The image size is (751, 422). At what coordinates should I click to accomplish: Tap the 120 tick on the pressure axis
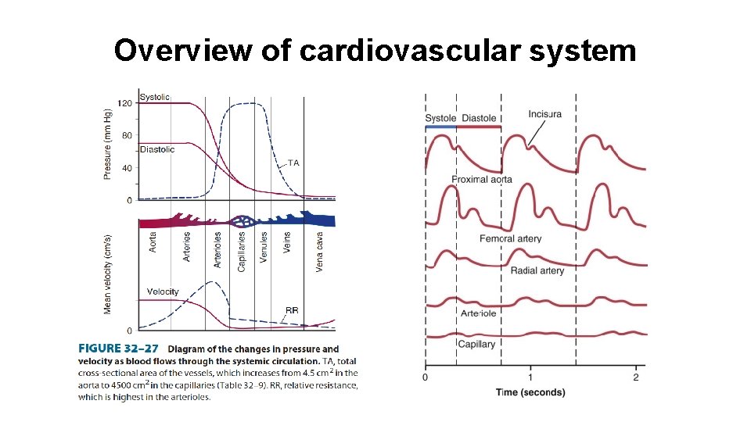point(124,103)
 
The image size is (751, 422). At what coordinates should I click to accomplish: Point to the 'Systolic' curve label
point(154,98)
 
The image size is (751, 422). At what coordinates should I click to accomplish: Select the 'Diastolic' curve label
point(157,149)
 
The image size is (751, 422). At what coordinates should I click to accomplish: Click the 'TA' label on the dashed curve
point(293,163)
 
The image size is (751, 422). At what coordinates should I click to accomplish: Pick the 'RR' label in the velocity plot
point(291,310)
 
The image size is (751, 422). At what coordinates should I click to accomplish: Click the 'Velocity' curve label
point(163,292)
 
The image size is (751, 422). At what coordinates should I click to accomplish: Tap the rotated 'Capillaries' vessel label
point(242,250)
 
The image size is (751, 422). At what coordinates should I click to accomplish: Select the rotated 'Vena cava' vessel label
point(319,250)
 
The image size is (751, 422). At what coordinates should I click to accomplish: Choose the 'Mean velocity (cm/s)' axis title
point(108,274)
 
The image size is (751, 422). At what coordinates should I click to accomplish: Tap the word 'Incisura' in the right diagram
point(544,114)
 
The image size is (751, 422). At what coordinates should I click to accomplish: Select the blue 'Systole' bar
point(440,127)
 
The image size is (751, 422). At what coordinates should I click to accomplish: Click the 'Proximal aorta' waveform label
point(482,180)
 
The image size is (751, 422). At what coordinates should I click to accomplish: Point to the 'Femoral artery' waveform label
point(510,238)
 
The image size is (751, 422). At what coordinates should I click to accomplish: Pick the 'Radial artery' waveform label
point(537,270)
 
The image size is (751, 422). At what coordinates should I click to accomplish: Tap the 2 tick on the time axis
point(635,377)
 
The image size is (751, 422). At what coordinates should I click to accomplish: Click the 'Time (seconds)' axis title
point(530,392)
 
